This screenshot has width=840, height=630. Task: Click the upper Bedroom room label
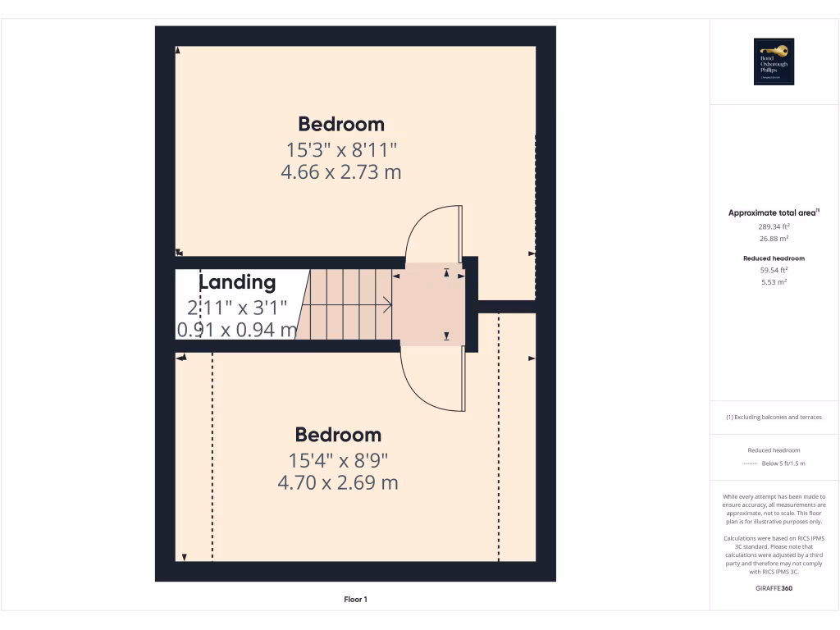point(341,124)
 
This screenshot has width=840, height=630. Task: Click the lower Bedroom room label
point(338,435)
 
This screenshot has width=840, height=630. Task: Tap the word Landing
point(237,282)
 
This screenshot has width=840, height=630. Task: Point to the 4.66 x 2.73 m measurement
point(341,172)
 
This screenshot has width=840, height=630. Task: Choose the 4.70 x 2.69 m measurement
point(338,482)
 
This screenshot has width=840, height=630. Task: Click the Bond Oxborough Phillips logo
point(774,62)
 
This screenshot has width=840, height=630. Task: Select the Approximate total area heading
point(774,212)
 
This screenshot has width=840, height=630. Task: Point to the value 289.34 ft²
point(774,226)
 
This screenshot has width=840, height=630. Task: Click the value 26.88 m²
point(774,239)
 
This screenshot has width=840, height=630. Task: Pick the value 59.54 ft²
point(774,269)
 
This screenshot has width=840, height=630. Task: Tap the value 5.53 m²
point(774,281)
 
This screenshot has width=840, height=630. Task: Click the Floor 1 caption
point(355,600)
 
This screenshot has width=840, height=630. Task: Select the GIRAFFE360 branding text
point(774,588)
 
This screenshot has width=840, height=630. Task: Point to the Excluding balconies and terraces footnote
point(774,417)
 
